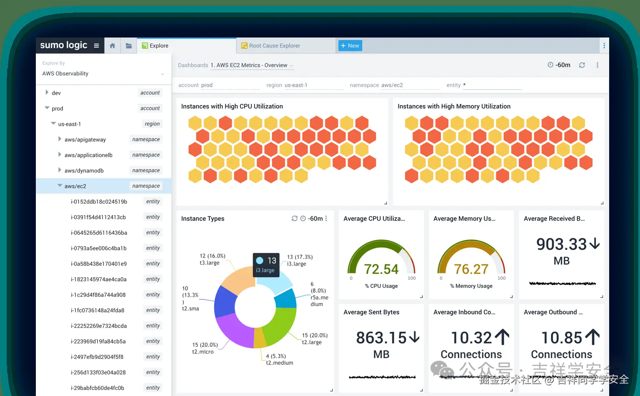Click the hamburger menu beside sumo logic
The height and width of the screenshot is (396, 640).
(x=96, y=46)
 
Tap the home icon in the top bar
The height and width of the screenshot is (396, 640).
(x=112, y=46)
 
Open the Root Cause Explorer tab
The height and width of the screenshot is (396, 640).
(x=274, y=46)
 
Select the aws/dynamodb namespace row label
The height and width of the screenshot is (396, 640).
(x=84, y=170)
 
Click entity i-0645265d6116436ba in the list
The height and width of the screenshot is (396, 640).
(x=99, y=233)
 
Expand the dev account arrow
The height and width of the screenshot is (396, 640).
(x=47, y=93)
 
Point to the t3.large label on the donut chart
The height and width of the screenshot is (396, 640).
(x=209, y=263)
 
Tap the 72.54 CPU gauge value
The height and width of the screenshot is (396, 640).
(x=381, y=269)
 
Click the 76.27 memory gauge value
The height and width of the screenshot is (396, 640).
(x=471, y=269)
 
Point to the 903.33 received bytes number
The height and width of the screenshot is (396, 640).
(x=561, y=244)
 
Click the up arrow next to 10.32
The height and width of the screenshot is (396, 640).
(x=502, y=337)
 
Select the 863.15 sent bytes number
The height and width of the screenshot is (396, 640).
(x=381, y=338)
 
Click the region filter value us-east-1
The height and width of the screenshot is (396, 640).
(x=296, y=85)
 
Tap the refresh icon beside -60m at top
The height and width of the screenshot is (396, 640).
(x=582, y=65)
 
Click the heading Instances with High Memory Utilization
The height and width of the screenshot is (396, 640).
(x=454, y=106)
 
